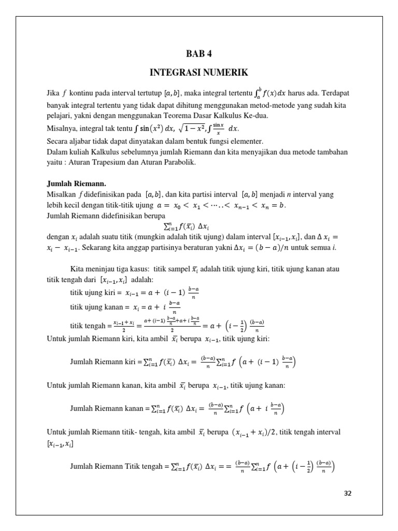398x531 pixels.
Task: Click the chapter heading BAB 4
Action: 199,54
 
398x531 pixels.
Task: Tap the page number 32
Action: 348,493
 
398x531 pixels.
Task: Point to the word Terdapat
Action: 335,94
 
